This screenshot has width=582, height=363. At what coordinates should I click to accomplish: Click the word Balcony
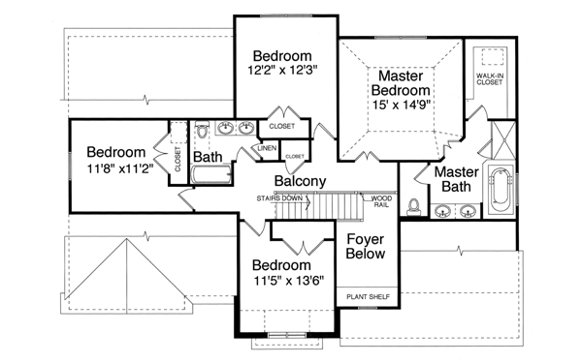pos(299,181)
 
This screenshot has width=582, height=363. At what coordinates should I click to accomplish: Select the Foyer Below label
pos(365,245)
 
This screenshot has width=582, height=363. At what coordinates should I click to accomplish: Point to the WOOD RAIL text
pos(382,201)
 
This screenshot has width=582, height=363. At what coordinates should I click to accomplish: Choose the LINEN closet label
pos(268,148)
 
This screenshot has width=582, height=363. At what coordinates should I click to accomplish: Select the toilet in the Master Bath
pos(414,205)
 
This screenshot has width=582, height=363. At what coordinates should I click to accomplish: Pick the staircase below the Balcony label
pos(320,208)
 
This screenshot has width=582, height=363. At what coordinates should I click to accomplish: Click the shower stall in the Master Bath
pos(502,137)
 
